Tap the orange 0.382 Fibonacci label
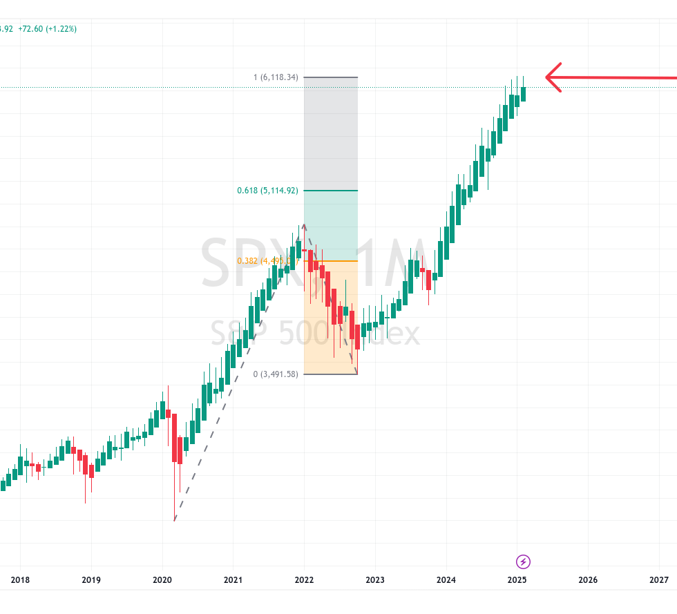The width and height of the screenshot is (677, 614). coord(266,261)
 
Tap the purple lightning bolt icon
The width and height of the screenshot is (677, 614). coord(524,561)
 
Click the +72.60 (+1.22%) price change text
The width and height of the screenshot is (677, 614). coord(48,29)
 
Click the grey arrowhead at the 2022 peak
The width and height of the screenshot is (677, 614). coord(304,227)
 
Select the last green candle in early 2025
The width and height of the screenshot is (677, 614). coord(524,94)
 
